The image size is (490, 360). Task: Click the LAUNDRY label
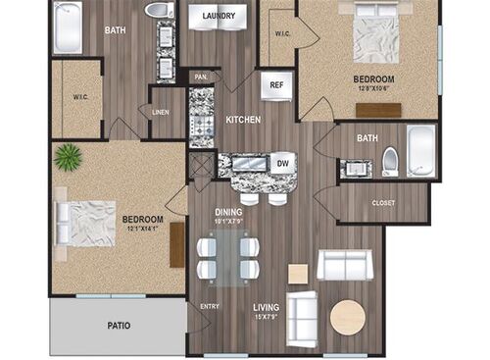[x=223, y=16]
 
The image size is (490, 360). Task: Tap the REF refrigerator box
[x=276, y=85]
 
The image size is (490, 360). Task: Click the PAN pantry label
[x=201, y=77]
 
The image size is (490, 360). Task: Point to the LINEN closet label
[x=161, y=111]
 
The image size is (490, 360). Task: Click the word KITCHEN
[x=243, y=120]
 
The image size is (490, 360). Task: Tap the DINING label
[x=230, y=209]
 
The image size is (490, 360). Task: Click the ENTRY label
[x=210, y=306]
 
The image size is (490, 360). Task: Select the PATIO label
[x=120, y=325]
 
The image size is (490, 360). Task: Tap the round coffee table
[x=347, y=317]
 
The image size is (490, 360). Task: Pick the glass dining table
[x=228, y=257]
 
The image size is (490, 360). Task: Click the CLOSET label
[x=384, y=204]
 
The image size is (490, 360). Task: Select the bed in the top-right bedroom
[x=374, y=37]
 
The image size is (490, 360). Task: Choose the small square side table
[x=298, y=274]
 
